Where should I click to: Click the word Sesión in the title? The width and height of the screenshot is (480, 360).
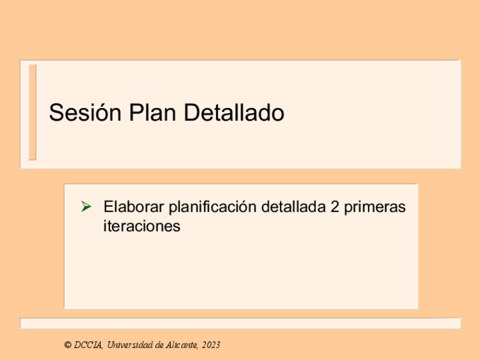point(85,112)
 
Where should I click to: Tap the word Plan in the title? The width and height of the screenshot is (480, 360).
point(152,112)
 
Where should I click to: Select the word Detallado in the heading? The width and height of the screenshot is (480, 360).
point(234,112)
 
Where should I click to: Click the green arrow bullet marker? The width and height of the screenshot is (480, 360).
point(86,207)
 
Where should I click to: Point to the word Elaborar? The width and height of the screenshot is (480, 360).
point(134,207)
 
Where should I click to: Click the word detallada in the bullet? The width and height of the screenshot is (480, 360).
point(294,207)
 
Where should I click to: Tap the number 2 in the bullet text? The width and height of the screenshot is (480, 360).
point(335,207)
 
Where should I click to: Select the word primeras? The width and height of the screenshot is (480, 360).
point(375,208)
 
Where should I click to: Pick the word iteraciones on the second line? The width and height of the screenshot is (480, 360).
point(142,226)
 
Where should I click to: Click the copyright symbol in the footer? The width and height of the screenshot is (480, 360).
point(68,345)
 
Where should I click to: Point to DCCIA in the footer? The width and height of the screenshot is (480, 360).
point(88,345)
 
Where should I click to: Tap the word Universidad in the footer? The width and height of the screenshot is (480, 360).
point(130,345)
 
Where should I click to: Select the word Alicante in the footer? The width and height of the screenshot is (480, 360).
point(182,345)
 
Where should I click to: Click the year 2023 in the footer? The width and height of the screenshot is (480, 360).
point(211,345)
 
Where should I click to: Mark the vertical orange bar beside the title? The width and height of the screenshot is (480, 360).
point(32,112)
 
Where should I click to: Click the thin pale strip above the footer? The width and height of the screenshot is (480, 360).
point(241,323)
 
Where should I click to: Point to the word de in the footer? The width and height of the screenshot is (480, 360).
point(159,345)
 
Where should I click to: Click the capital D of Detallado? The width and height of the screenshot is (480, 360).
point(191,112)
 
